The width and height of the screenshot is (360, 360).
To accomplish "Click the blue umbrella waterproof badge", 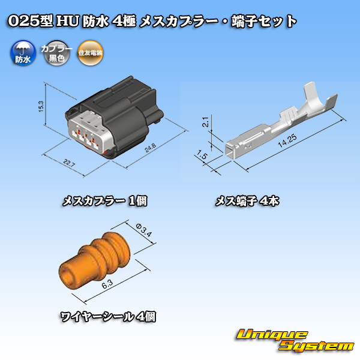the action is click(x=23, y=53).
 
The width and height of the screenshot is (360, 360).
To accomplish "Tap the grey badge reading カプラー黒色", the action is click(x=56, y=53).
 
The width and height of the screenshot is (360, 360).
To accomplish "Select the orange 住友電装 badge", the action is click(x=90, y=53).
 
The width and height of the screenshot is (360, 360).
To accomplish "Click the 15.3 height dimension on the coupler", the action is click(x=41, y=106).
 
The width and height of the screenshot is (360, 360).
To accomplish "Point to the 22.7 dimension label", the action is click(x=68, y=163).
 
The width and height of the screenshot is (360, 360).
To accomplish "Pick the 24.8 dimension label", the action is click(x=151, y=148).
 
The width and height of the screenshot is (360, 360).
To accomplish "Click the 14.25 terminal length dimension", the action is click(x=287, y=140).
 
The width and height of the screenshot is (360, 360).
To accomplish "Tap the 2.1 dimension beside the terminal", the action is click(x=205, y=122).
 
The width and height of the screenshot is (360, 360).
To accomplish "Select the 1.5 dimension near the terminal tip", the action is click(x=202, y=155).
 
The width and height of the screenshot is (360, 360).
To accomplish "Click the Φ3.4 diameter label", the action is click(x=144, y=230).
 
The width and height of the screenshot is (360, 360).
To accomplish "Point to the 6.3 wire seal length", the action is click(x=107, y=284).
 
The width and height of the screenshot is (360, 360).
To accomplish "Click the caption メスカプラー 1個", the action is click(x=104, y=201).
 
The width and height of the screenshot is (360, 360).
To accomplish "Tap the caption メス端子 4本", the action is click(x=247, y=201).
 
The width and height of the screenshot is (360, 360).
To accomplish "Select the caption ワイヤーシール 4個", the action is click(x=108, y=317).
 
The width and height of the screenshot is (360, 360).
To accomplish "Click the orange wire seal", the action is click(x=94, y=260).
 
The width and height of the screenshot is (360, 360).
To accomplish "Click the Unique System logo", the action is click(x=295, y=340).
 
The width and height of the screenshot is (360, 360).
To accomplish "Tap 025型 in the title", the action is click(x=31, y=21).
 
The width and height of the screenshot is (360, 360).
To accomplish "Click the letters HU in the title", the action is click(x=68, y=21).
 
